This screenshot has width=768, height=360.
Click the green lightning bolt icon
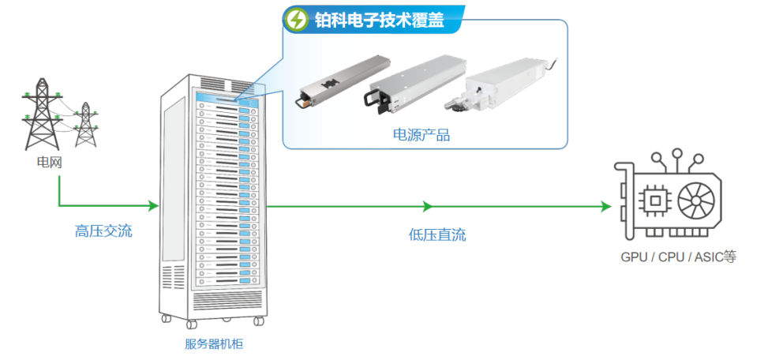[x=297, y=20]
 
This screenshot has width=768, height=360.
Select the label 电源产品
[x=421, y=135]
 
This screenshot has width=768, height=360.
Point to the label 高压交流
[x=103, y=231]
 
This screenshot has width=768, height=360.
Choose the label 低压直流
[x=437, y=235]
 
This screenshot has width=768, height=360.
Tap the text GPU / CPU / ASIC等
[x=678, y=257]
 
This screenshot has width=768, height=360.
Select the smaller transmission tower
[x=86, y=125]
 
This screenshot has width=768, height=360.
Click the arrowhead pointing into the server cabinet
[x=153, y=206]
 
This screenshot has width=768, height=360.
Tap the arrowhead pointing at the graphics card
[x=606, y=206]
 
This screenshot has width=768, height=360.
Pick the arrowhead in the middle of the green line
[x=428, y=206]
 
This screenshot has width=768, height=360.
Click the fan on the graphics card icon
[x=696, y=200]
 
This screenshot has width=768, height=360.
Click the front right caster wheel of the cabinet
[x=258, y=321]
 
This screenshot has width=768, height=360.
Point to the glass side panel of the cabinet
[x=174, y=178]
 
